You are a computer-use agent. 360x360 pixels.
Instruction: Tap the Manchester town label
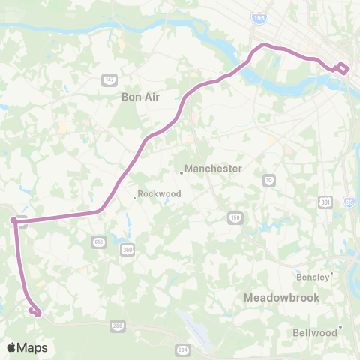click(x=213, y=169)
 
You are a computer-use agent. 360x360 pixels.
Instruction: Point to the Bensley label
click(x=313, y=276)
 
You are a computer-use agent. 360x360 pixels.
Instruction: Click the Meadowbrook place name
click(x=281, y=298)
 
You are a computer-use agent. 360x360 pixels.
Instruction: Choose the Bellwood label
click(x=314, y=331)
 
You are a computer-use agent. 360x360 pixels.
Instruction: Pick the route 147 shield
click(x=109, y=80)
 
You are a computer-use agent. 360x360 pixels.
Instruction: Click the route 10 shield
click(x=269, y=180)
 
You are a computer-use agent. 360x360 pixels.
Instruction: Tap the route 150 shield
click(x=235, y=217)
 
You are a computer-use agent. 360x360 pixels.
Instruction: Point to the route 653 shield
click(x=98, y=241)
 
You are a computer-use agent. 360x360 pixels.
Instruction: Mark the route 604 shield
click(x=183, y=350)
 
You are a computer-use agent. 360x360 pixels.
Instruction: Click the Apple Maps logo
click(x=27, y=347)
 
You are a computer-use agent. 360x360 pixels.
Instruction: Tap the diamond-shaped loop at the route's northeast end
click(x=341, y=67)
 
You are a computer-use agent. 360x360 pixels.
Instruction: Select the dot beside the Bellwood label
click(x=340, y=326)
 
